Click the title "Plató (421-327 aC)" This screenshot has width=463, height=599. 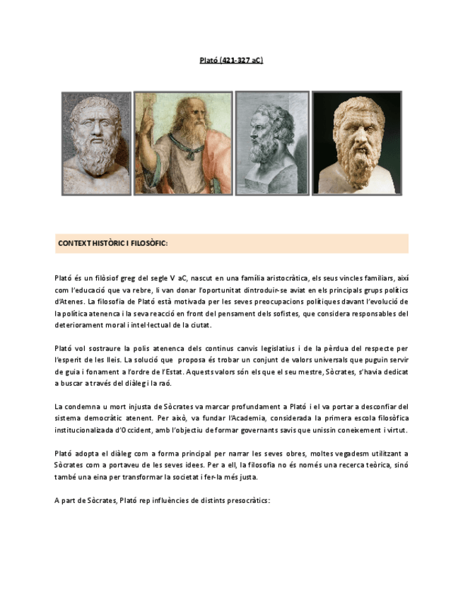tap(231, 61)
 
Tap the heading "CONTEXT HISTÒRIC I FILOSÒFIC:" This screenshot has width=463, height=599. tap(112, 244)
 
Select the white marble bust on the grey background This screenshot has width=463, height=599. tap(96, 143)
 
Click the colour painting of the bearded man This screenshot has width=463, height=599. tap(183, 143)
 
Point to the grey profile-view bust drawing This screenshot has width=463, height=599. tap(271, 143)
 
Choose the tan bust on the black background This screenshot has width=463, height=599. tap(356, 143)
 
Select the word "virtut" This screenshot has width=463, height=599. tap(397, 430)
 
